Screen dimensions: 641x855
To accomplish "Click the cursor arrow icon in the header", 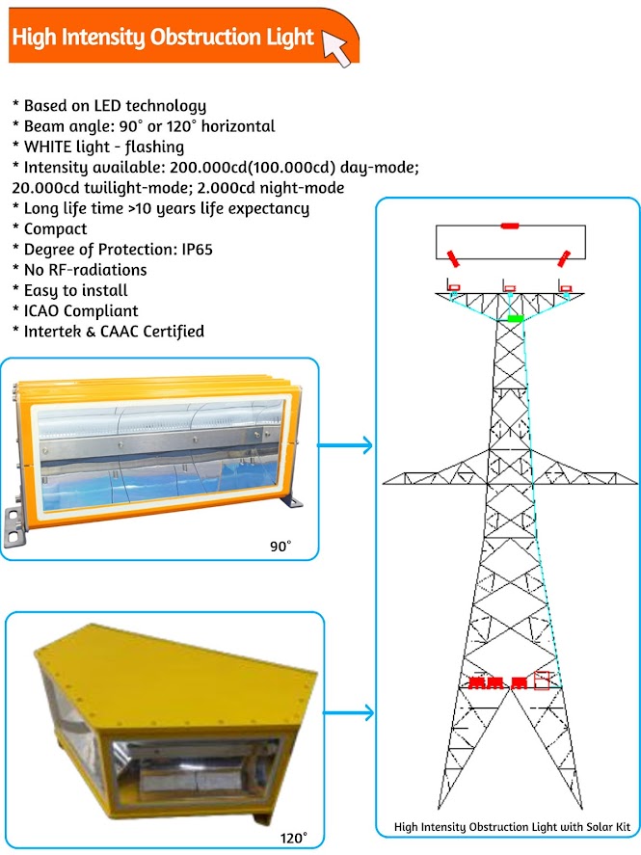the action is tap(335, 47).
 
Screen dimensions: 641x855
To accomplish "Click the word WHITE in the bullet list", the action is tap(47, 147).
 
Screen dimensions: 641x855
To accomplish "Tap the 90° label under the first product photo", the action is tap(280, 547).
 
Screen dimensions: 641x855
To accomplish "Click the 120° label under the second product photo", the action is tap(292, 837).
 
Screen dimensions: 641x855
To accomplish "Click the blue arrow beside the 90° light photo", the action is tap(345, 445).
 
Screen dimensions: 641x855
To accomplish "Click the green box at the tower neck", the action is tap(516, 317).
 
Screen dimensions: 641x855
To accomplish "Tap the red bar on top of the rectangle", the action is tap(509, 226).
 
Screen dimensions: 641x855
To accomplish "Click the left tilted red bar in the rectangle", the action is tap(451, 257).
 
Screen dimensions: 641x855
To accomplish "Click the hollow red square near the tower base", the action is tap(543, 681).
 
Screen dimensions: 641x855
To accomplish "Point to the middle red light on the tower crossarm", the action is tap(509, 287).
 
